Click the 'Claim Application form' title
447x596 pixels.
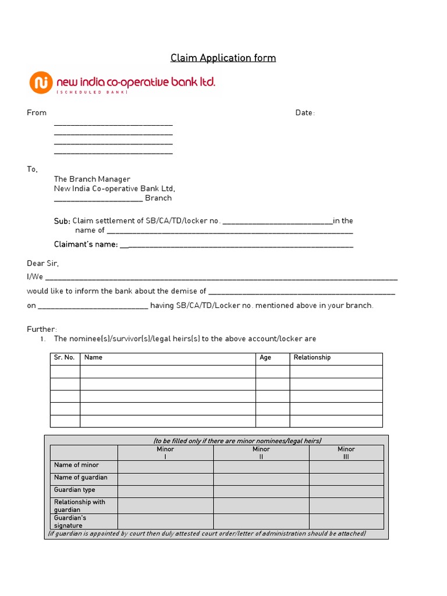(x=223, y=58)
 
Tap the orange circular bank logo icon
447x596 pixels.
(x=40, y=83)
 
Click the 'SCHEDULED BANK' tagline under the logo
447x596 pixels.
(x=92, y=93)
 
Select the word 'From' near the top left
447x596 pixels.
(x=37, y=113)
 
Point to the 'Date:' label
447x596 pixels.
(x=305, y=113)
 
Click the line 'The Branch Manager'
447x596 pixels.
(x=92, y=179)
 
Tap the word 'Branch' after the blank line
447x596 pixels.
(x=158, y=198)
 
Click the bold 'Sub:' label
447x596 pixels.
(x=62, y=221)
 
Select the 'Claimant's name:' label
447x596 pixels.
(x=86, y=244)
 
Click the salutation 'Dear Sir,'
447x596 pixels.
(x=43, y=264)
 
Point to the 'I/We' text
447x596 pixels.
(x=35, y=277)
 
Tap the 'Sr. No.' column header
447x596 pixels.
(x=65, y=357)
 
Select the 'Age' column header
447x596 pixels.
(x=265, y=357)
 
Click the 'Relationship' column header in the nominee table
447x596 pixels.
(x=312, y=357)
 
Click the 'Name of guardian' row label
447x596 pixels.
(x=81, y=478)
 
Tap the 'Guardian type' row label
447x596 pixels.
(x=74, y=490)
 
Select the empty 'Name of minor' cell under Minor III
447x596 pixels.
(x=346, y=466)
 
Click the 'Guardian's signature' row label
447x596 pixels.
(x=70, y=521)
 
